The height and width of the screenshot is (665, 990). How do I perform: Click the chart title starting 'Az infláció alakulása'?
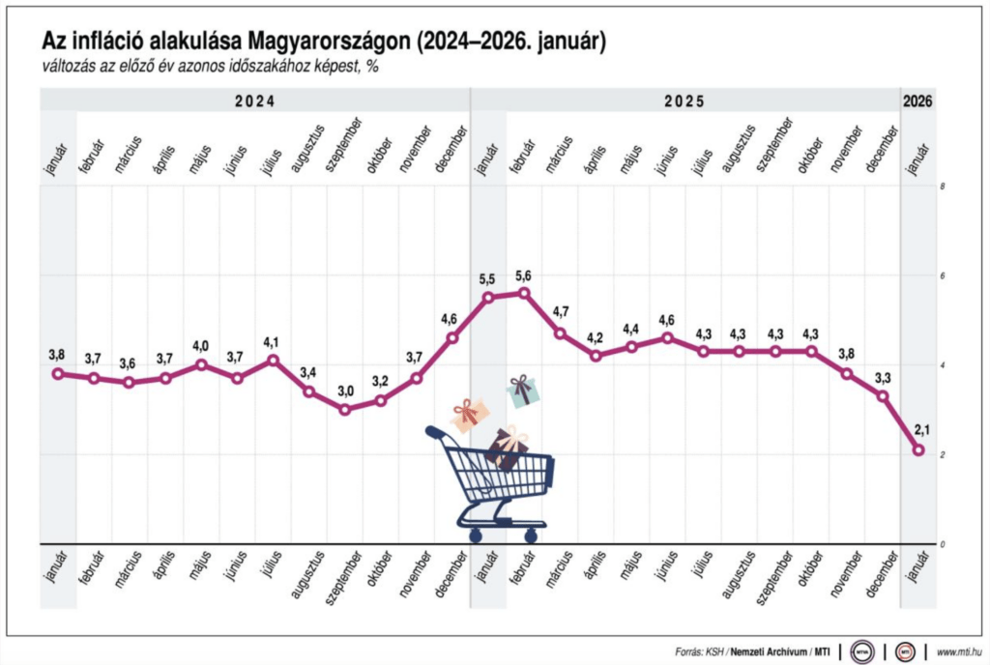323,41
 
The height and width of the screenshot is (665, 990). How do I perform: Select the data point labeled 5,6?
524,293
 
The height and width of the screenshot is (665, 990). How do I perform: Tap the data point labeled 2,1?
918,449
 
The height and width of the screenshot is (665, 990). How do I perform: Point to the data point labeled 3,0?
344,409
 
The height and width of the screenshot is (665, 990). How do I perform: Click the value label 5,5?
487,278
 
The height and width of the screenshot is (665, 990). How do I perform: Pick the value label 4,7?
560,311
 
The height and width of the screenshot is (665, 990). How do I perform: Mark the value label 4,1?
273,341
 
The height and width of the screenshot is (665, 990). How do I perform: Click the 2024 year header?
254,101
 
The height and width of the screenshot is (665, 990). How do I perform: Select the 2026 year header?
917,101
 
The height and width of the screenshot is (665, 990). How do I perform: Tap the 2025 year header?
684,101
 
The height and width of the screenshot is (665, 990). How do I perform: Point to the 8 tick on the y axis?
942,186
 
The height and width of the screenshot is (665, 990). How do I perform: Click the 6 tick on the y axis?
942,275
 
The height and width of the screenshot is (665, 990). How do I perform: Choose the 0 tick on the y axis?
942,544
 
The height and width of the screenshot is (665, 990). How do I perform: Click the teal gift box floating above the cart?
522,390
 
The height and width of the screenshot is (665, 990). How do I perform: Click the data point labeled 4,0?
201,364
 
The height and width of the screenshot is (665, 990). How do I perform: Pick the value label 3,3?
883,375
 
